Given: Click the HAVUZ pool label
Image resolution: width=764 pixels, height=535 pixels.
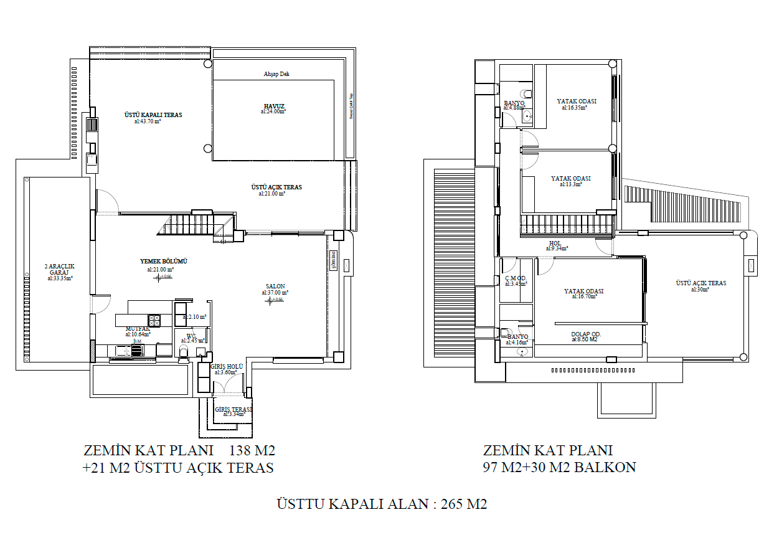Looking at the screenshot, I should [x=274, y=106].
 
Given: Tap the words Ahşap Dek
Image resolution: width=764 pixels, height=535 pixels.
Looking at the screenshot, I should [x=276, y=74].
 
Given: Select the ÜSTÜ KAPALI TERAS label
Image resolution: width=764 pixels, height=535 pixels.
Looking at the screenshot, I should [x=153, y=115].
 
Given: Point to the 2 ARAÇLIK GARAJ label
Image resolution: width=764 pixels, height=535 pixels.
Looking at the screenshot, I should [x=60, y=270].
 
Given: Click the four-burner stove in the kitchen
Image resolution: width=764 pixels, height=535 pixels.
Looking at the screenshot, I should [x=154, y=320].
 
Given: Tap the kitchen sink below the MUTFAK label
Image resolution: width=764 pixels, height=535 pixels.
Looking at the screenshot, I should [x=128, y=351].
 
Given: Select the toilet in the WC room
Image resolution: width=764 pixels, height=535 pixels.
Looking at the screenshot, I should [x=183, y=353].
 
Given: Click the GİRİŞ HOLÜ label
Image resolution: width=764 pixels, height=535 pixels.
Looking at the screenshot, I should [x=227, y=367].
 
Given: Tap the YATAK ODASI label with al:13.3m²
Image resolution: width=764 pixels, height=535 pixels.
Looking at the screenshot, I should [x=570, y=179].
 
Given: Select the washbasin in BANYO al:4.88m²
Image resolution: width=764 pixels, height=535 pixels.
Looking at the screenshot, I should [x=528, y=116].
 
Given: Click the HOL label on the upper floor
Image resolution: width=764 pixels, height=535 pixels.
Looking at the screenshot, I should [x=555, y=244].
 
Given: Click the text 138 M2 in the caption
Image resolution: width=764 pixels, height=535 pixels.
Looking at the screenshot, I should [x=252, y=450].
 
